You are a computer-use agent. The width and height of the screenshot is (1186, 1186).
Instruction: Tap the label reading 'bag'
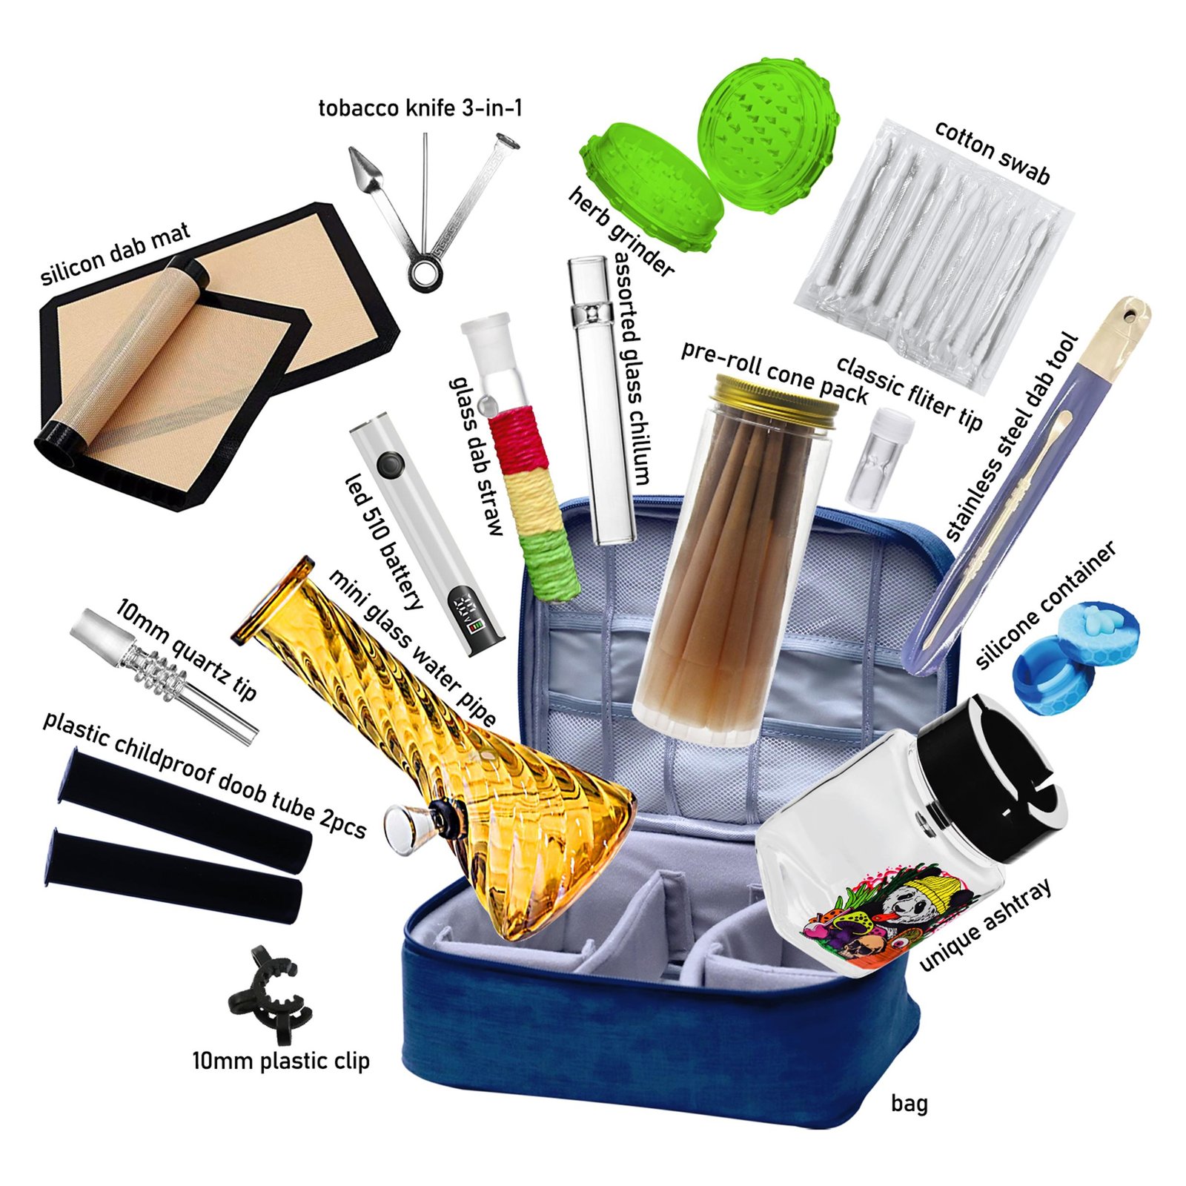pos(909,1104)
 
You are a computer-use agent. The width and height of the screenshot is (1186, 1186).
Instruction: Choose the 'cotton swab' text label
pos(991,151)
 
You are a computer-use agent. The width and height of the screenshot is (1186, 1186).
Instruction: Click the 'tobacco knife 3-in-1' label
pos(420,108)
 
